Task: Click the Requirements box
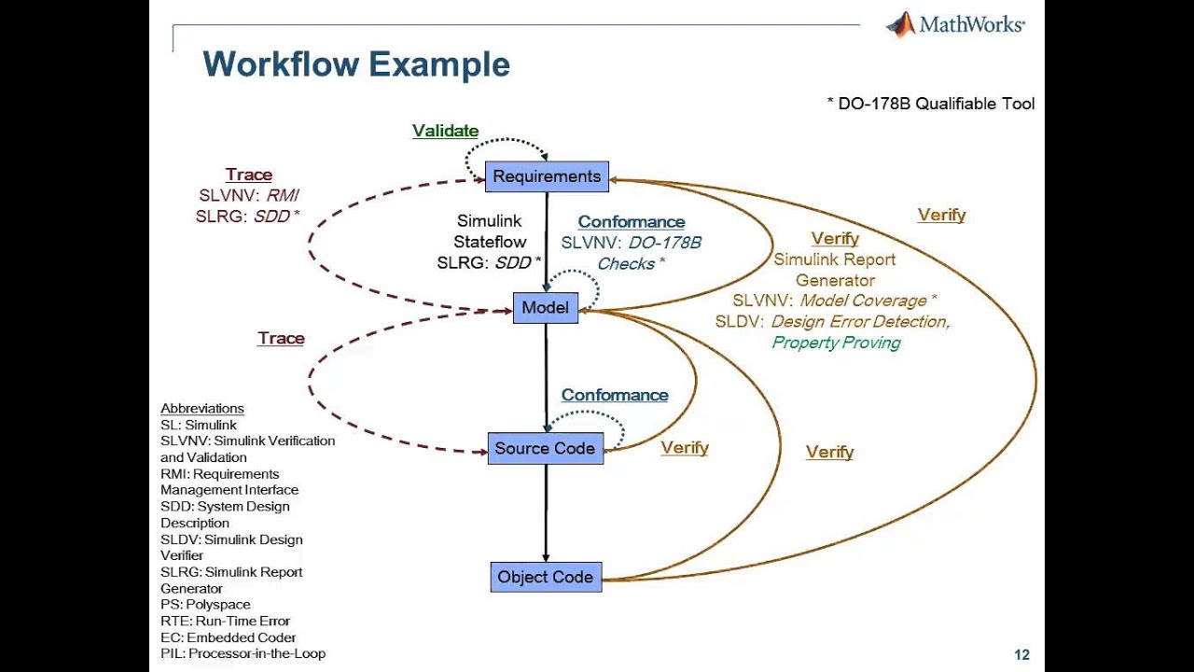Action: pyautogui.click(x=547, y=176)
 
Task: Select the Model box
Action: pyautogui.click(x=546, y=308)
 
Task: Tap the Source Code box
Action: pyautogui.click(x=545, y=448)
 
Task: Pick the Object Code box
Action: pyautogui.click(x=546, y=577)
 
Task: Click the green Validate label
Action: pyautogui.click(x=446, y=132)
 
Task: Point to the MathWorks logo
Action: pyautogui.click(x=955, y=25)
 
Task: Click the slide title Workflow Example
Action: pyautogui.click(x=356, y=65)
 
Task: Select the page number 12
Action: pyautogui.click(x=1021, y=655)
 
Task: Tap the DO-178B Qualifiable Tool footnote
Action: pyautogui.click(x=931, y=104)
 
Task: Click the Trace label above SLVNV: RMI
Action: pyautogui.click(x=249, y=175)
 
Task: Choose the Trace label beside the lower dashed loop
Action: pyautogui.click(x=281, y=338)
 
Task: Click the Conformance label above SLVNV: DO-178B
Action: pyautogui.click(x=632, y=222)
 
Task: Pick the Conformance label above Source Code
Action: pyautogui.click(x=615, y=395)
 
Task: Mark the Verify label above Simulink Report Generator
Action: pyautogui.click(x=835, y=239)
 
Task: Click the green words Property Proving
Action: pyautogui.click(x=836, y=343)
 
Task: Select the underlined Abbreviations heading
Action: pyautogui.click(x=202, y=409)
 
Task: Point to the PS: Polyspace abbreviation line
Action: pyautogui.click(x=205, y=605)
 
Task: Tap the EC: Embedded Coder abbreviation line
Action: pyautogui.click(x=229, y=637)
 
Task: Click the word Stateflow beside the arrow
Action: pyautogui.click(x=490, y=243)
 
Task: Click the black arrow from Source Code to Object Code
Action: pyautogui.click(x=546, y=513)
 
